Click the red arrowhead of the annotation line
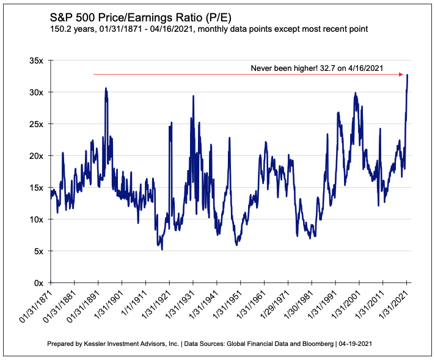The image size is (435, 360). point(401,75)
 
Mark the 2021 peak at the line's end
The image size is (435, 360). point(407,75)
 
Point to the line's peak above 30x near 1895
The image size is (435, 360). point(106,88)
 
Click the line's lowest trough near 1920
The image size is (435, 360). point(162,249)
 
